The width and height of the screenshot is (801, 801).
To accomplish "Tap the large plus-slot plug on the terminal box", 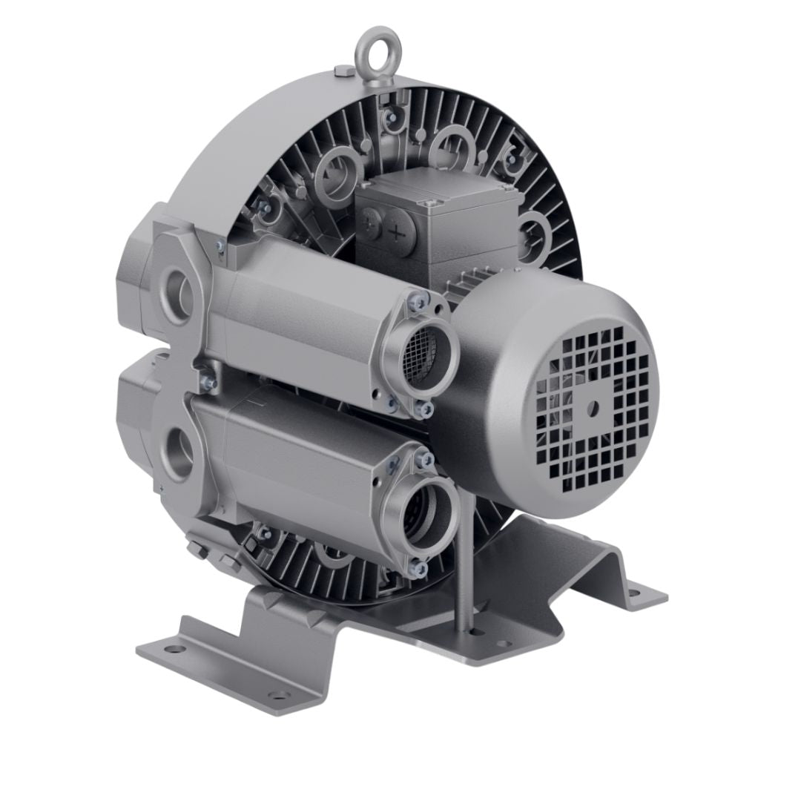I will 398,231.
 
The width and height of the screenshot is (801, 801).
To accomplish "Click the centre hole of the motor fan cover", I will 593,406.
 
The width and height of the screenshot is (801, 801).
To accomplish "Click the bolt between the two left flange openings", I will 207,380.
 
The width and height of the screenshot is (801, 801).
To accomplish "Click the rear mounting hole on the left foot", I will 174,650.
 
